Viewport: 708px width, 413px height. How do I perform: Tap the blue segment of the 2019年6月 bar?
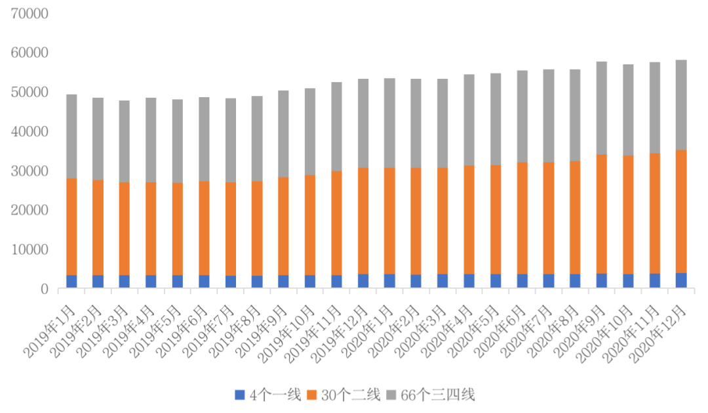[204, 282]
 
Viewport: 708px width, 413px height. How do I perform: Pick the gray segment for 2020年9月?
[601, 108]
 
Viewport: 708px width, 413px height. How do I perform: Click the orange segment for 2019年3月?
[125, 228]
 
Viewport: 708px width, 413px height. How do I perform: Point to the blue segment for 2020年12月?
[681, 280]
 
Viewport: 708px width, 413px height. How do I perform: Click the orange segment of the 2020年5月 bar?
[496, 219]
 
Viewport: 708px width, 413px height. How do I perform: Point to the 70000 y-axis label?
[29, 13]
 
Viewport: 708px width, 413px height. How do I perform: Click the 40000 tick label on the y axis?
[29, 131]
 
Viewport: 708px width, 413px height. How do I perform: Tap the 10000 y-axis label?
[29, 250]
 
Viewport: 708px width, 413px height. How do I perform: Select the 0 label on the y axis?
[45, 289]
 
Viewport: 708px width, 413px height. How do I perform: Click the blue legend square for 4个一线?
[239, 395]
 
